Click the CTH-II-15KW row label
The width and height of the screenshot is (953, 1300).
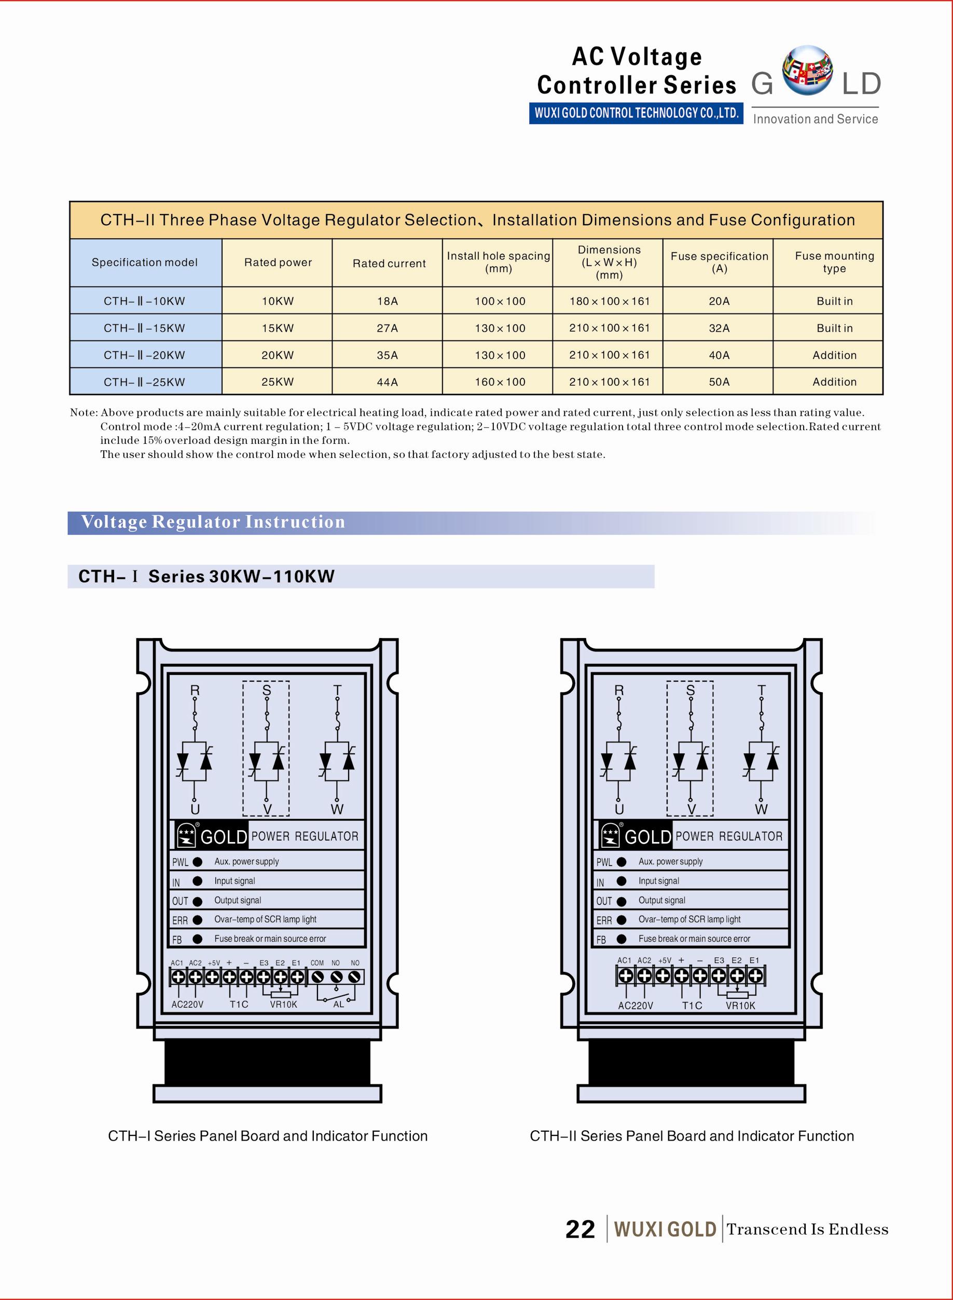coord(144,328)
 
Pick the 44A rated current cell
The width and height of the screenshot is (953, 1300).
coord(387,382)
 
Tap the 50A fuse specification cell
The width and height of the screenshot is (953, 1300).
coord(719,382)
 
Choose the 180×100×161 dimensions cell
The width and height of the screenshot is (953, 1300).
coord(609,301)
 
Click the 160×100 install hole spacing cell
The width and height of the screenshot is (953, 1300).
coord(500,382)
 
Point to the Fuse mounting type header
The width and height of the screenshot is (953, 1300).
coord(834,262)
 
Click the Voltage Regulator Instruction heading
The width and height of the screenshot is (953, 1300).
coord(213,522)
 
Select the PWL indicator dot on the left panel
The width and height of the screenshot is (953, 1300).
coord(197,862)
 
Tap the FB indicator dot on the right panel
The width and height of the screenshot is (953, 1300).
coord(621,939)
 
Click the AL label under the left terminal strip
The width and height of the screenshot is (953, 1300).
coord(339,1005)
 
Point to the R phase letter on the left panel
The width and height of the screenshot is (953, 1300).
coord(195,690)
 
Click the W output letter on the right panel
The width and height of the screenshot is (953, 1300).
coord(761,809)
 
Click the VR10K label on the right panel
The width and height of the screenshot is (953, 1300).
coord(740,1005)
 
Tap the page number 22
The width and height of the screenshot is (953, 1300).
coord(580,1229)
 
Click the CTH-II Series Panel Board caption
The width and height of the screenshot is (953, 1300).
coord(692,1135)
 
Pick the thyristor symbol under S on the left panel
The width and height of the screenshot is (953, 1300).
coord(266,762)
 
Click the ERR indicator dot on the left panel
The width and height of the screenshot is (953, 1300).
coord(197,919)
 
